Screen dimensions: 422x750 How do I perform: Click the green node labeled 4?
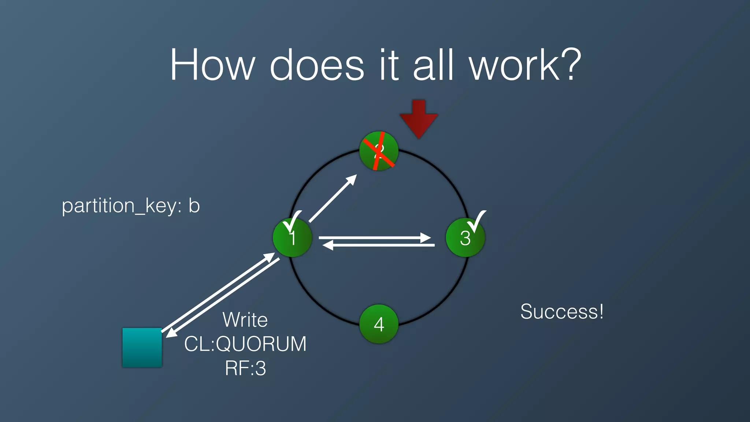379,324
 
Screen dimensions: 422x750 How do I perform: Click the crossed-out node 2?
379,151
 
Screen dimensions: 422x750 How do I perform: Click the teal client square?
142,347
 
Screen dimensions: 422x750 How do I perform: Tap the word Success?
562,312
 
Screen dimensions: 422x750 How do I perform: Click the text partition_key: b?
131,206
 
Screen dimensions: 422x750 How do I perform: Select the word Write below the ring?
245,320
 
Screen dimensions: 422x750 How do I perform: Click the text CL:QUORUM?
245,344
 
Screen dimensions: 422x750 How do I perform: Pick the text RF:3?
245,368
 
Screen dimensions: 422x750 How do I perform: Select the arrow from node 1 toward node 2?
333,199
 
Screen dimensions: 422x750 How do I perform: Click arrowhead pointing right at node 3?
426,238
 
